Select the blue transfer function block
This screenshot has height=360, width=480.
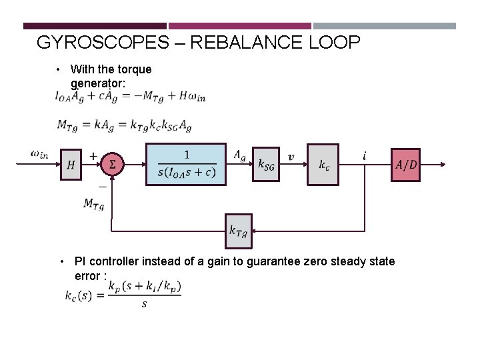point(186,164)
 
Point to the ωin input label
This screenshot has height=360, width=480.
point(39,154)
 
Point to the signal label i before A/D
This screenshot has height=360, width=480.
point(365,155)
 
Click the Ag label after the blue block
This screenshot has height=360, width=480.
point(240,155)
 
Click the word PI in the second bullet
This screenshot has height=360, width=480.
point(81,261)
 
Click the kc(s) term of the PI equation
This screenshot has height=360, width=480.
point(81,295)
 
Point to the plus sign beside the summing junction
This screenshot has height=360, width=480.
point(93,155)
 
